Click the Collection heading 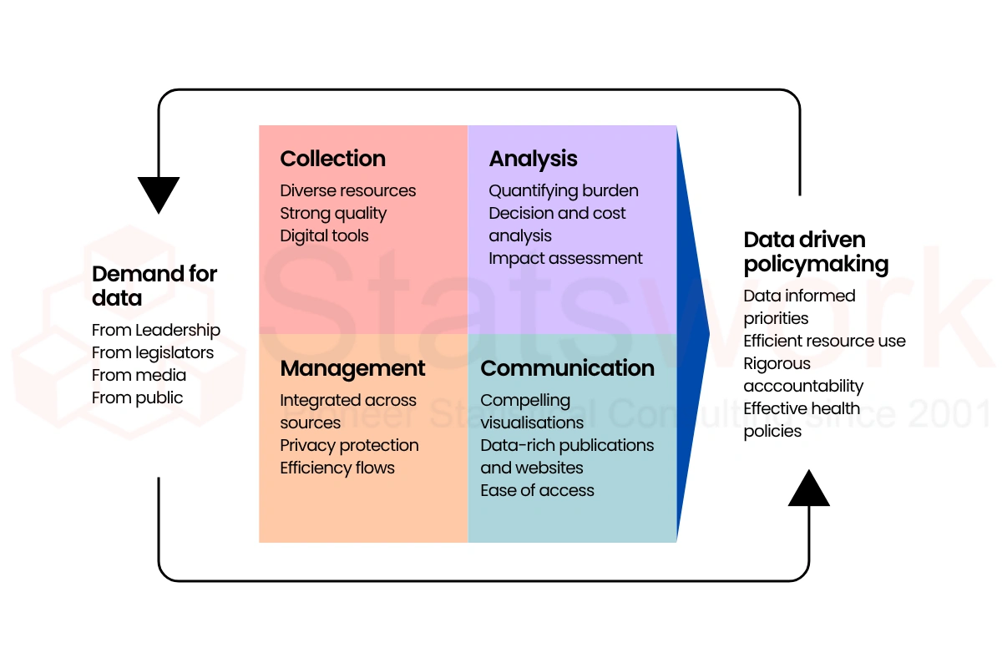[x=332, y=159]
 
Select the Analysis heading [x=533, y=159]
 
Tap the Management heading [x=352, y=368]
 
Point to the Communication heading [x=567, y=368]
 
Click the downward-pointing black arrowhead [x=159, y=194]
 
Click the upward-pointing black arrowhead [x=809, y=488]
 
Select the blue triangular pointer [x=691, y=334]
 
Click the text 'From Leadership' [x=156, y=330]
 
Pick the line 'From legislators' [x=153, y=352]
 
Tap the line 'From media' [x=139, y=375]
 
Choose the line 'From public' [x=137, y=397]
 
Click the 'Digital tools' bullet [x=324, y=235]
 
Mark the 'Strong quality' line [x=333, y=213]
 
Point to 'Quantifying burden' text [x=564, y=190]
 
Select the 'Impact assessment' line [x=565, y=258]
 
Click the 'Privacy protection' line [x=349, y=445]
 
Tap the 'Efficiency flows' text [x=337, y=468]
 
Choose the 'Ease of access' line [x=537, y=490]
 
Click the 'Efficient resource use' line [x=824, y=341]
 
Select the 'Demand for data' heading [x=154, y=286]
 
